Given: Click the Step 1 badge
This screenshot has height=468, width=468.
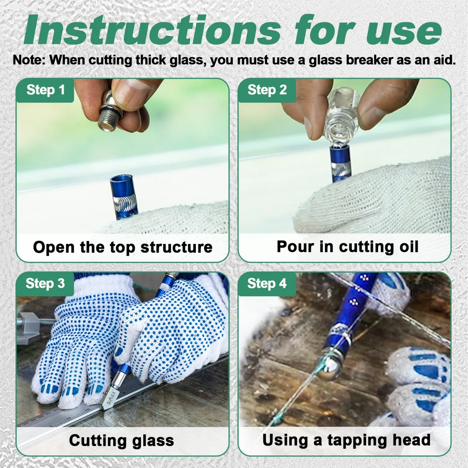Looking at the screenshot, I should pyautogui.click(x=45, y=90).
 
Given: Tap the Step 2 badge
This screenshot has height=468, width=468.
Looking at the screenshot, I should pyautogui.click(x=267, y=90).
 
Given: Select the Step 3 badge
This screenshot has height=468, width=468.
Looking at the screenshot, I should pyautogui.click(x=45, y=283).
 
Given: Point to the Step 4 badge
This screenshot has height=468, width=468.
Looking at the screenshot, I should pyautogui.click(x=267, y=283).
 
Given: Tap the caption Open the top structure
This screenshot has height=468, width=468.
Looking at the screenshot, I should pyautogui.click(x=123, y=247).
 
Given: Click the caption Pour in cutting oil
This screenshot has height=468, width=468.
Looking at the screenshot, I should pyautogui.click(x=347, y=247).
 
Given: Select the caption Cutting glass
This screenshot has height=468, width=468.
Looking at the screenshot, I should pyautogui.click(x=121, y=440).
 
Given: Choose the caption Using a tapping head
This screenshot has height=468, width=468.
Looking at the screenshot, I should pyautogui.click(x=346, y=440).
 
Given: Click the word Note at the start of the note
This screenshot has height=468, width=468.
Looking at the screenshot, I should pyautogui.click(x=28, y=60).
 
